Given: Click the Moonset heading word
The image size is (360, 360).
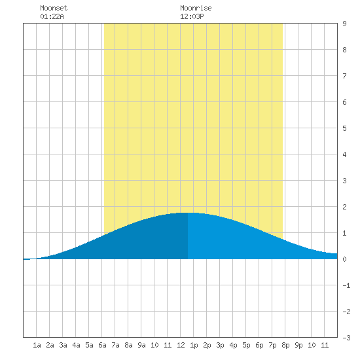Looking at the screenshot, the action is coord(54,8).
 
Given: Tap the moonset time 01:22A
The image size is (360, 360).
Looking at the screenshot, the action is coord(52,16).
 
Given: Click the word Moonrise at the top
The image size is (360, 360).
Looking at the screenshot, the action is coord(196,8).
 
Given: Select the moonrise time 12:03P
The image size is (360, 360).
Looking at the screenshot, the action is coord(192,16).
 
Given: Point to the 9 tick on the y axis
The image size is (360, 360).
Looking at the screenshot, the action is coord(344,24).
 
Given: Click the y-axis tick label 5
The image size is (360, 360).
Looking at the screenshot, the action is coord(344,128).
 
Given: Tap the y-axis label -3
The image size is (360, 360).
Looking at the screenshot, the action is coord(346,338).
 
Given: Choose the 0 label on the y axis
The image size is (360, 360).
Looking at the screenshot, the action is coord(344,259).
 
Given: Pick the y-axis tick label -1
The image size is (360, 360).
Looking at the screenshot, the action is coord(346,285).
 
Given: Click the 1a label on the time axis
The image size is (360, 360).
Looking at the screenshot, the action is coord(37,345).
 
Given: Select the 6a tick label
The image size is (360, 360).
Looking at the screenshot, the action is coord(102,345).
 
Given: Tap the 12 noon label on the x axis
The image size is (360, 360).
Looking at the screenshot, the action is coord(181,345).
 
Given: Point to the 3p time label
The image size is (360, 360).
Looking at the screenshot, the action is coord(220,345).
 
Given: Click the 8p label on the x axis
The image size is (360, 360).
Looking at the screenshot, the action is coord(285,345).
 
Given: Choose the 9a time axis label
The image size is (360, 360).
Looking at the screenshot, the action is coord(141,345).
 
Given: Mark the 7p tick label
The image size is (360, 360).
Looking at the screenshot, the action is coord(272,345).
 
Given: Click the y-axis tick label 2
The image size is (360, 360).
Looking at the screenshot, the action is coord(344,207).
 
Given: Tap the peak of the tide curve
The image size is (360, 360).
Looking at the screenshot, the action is coord(188,213).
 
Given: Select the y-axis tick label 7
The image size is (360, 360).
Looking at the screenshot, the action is coord(344,76).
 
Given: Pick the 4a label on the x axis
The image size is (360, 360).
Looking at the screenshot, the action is coord(76,345).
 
